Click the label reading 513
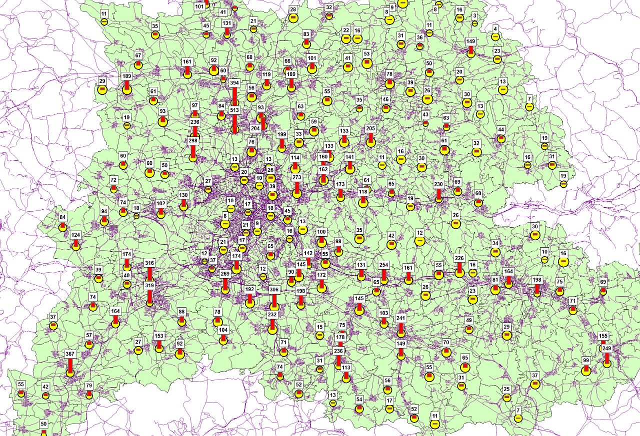(234, 110)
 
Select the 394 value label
(234, 83)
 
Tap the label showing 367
(70, 354)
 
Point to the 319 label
(149, 285)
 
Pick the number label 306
(274, 290)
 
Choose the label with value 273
(297, 177)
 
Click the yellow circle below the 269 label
(225, 289)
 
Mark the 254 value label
(384, 265)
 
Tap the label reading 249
(607, 348)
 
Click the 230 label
(438, 184)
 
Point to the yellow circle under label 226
(459, 273)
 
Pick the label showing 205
(370, 128)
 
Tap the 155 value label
(603, 336)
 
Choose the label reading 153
(159, 336)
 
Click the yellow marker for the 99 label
(586, 371)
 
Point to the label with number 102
(160, 204)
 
